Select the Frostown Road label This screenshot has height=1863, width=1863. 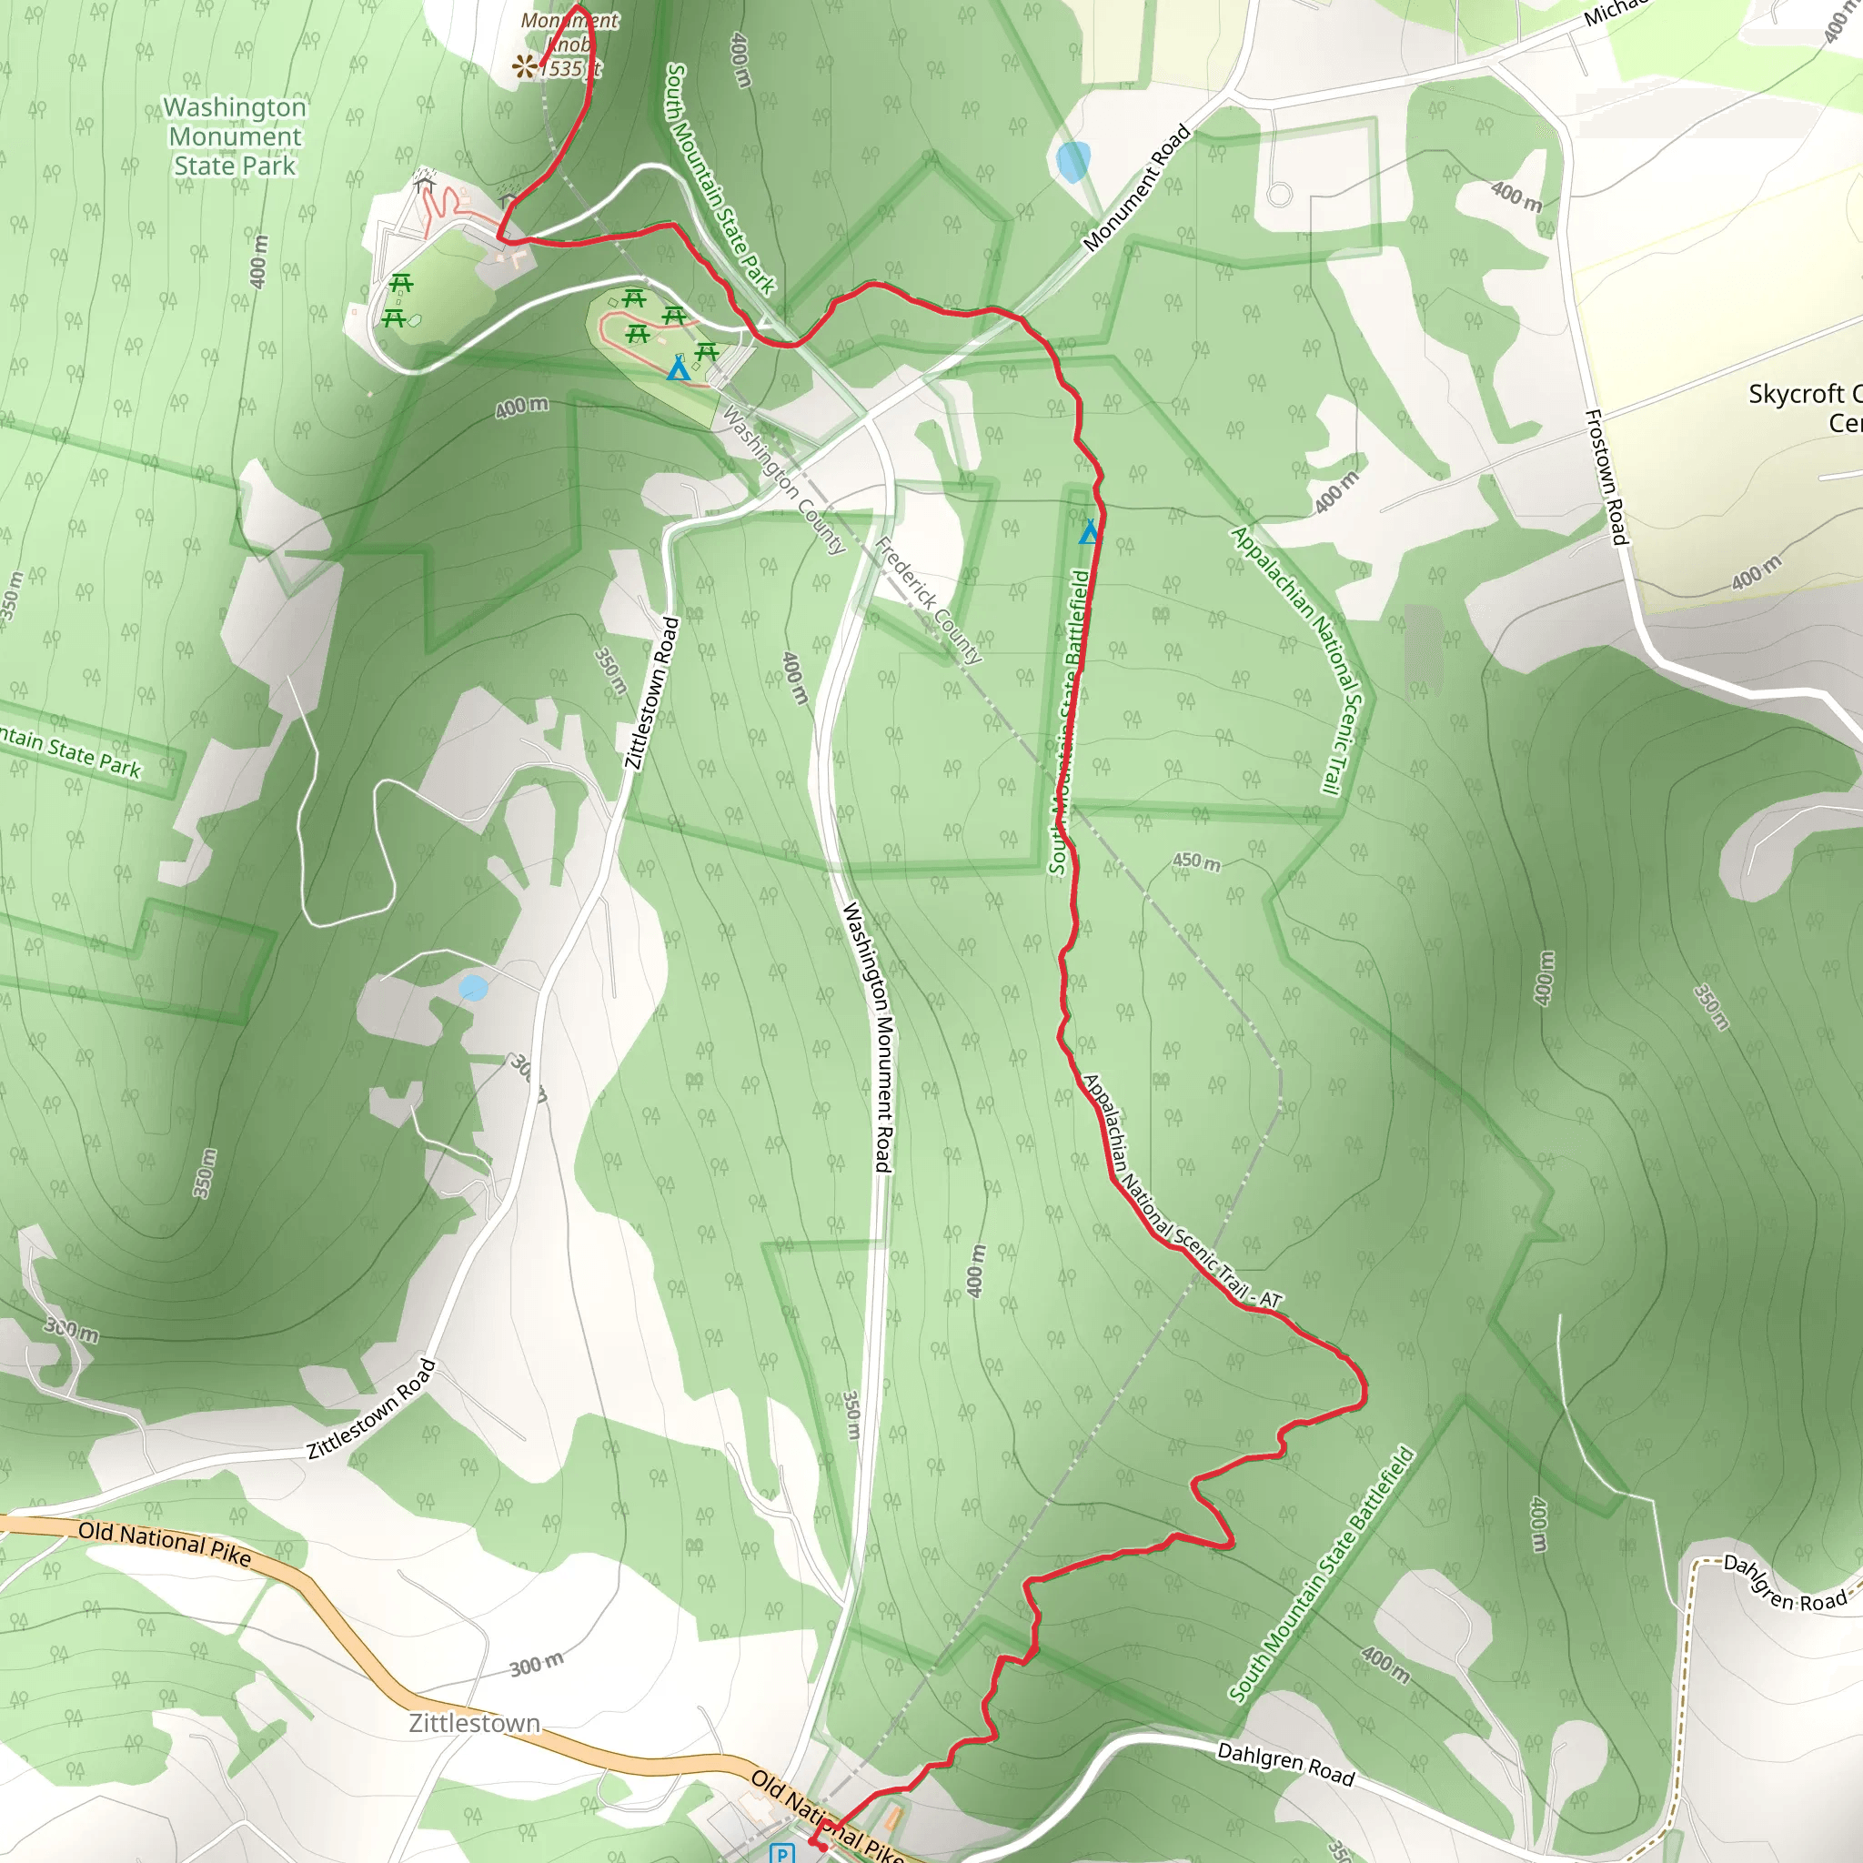1606,477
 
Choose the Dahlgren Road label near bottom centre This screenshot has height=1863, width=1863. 1285,1763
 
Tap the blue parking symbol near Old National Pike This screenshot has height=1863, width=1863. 782,1852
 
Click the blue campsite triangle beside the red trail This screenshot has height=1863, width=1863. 1090,531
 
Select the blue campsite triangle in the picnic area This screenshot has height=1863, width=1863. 679,368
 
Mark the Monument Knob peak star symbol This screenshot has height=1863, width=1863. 525,65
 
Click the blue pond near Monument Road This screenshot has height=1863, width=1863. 1073,161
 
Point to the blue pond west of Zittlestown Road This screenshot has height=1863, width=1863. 473,987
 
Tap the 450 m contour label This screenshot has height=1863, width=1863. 1195,861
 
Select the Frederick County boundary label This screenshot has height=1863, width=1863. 928,600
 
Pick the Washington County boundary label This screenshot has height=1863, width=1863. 783,479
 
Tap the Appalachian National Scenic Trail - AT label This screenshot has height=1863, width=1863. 1182,1192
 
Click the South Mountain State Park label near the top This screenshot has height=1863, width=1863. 720,178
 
